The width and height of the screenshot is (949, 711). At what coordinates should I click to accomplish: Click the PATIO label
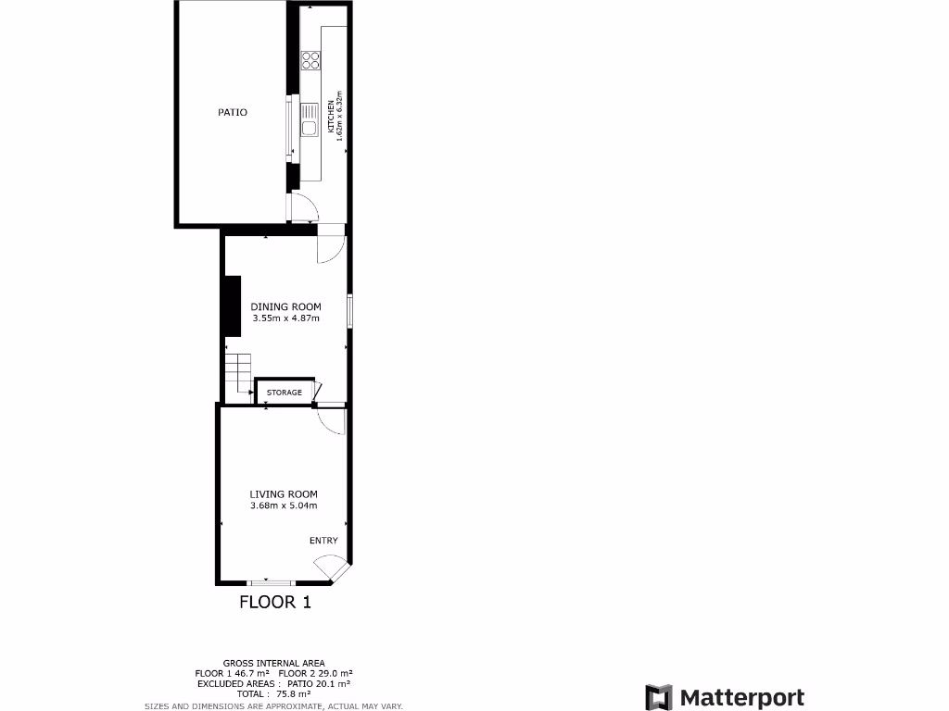[233, 112]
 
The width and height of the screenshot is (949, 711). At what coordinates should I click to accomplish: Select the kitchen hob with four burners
[310, 60]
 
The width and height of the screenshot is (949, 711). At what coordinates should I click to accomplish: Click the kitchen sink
[310, 127]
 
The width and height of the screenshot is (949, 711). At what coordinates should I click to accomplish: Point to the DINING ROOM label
[285, 306]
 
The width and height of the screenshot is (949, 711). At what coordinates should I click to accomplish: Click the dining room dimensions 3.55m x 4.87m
[285, 318]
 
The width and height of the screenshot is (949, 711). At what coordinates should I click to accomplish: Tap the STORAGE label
[285, 393]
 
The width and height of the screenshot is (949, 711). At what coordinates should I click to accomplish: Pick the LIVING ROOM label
[284, 493]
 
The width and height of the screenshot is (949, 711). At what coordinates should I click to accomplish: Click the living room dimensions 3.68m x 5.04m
[284, 505]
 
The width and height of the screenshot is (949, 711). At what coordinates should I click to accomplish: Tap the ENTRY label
[323, 541]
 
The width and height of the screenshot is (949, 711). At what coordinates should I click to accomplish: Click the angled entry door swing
[328, 566]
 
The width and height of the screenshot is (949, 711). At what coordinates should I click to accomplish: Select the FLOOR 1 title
[275, 603]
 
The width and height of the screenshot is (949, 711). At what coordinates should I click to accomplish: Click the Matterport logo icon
[658, 697]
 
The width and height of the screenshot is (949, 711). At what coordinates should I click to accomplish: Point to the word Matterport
[741, 697]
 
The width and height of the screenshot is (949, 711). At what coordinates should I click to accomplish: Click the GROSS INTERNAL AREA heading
[273, 663]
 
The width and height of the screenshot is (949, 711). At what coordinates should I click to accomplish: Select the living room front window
[271, 582]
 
